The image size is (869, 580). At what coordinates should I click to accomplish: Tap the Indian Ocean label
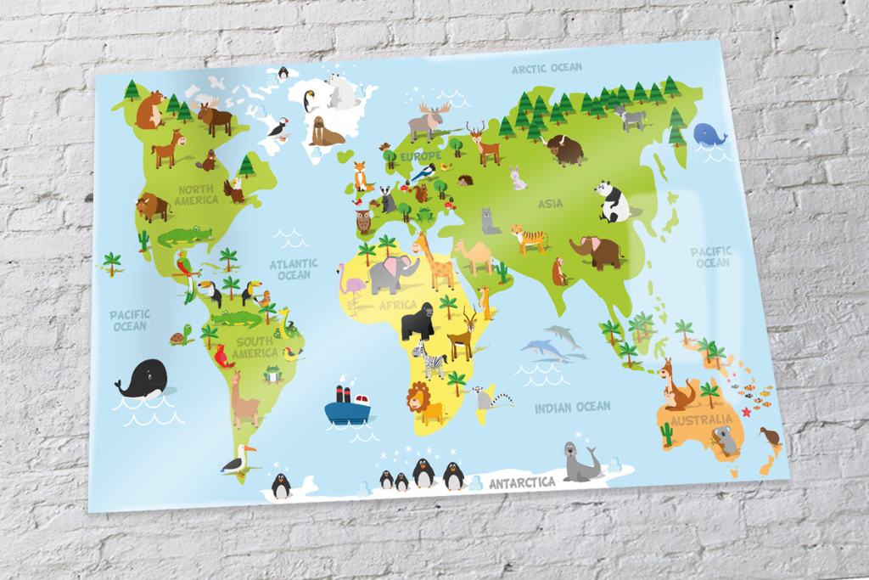(572, 408)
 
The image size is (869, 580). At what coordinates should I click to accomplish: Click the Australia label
(701, 420)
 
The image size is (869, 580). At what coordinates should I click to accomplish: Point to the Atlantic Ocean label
(294, 269)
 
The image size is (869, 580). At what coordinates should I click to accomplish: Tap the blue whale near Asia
(709, 134)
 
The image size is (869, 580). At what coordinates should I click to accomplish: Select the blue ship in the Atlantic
(347, 406)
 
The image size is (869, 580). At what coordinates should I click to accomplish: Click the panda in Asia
(614, 201)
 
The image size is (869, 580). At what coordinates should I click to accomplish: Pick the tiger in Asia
(530, 238)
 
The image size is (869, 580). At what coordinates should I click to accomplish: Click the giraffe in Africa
(436, 262)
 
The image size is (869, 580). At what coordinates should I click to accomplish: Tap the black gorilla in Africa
(417, 321)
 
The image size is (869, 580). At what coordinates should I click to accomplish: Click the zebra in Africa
(431, 360)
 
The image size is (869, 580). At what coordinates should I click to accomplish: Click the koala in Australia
(726, 440)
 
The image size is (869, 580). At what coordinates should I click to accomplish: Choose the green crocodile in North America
(184, 235)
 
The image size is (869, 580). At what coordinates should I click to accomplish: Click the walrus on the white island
(324, 132)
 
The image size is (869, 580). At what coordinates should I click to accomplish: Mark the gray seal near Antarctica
(581, 462)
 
